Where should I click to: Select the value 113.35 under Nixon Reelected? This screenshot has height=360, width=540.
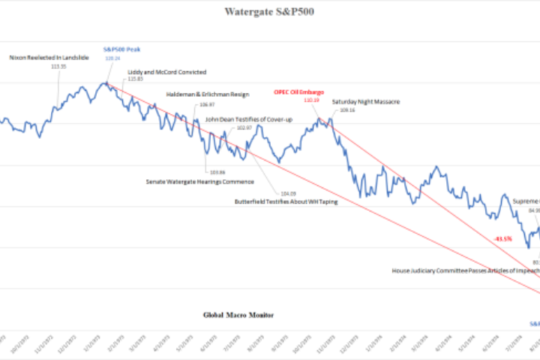(x=57, y=66)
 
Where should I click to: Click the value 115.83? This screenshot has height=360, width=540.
(x=136, y=79)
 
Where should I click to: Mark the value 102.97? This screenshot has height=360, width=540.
(x=244, y=128)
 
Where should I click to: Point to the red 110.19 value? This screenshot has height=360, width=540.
(x=311, y=100)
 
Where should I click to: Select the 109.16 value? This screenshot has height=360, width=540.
(x=347, y=110)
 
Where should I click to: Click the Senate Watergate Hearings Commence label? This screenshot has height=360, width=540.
(x=199, y=181)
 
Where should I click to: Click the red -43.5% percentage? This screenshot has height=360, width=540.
(x=503, y=238)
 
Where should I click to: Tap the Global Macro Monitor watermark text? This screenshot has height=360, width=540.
(x=238, y=316)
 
